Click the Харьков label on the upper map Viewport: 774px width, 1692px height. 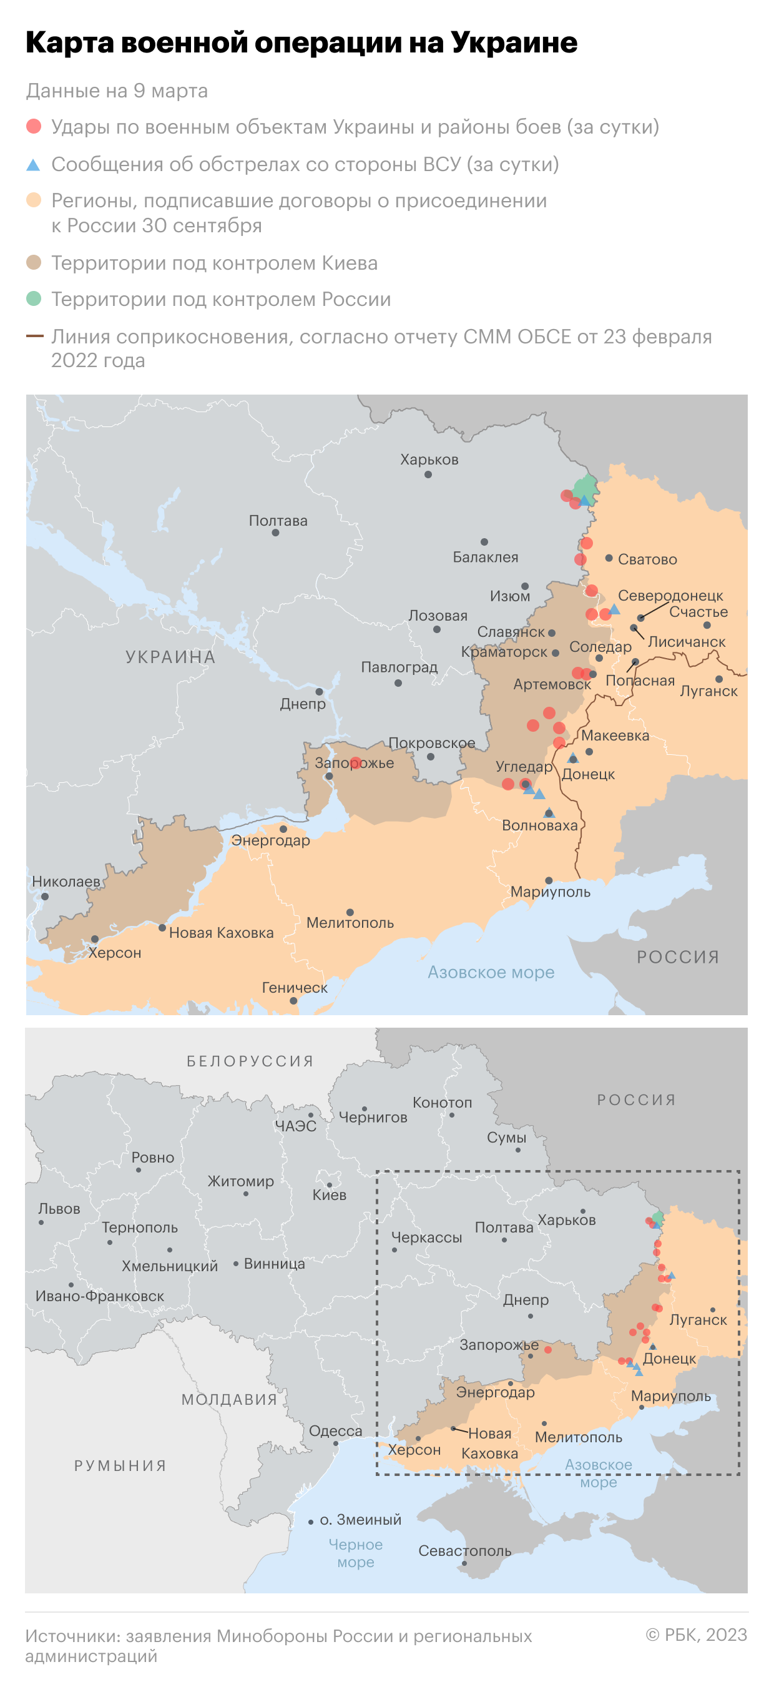pyautogui.click(x=429, y=460)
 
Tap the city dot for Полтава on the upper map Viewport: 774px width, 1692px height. pyautogui.click(x=276, y=533)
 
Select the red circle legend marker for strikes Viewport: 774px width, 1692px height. pyautogui.click(x=34, y=127)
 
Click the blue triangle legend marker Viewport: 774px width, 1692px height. pyautogui.click(x=34, y=165)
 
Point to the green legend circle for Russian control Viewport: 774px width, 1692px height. pyautogui.click(x=34, y=299)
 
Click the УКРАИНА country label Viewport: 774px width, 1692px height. pyautogui.click(x=170, y=657)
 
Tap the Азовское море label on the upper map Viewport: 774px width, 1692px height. pyautogui.click(x=491, y=972)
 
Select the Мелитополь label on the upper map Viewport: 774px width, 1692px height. pyautogui.click(x=350, y=923)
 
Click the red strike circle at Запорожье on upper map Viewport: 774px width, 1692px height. pyautogui.click(x=356, y=762)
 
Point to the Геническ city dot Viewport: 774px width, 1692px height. pyautogui.click(x=293, y=1001)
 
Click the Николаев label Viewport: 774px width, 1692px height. pyautogui.click(x=66, y=882)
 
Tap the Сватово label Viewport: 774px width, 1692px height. pyautogui.click(x=647, y=559)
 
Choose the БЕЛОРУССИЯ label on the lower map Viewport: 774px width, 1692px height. pyautogui.click(x=250, y=1061)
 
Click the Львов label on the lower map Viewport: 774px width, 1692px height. pyautogui.click(x=59, y=1209)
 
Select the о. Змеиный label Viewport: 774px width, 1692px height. pyautogui.click(x=360, y=1519)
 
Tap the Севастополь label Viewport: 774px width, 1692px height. pyautogui.click(x=465, y=1551)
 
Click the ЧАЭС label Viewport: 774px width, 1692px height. pyautogui.click(x=295, y=1126)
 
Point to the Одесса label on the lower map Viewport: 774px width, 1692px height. pyautogui.click(x=335, y=1430)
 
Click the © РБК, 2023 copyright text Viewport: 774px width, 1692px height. pyautogui.click(x=696, y=1634)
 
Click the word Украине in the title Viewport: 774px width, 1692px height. pyautogui.click(x=513, y=42)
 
